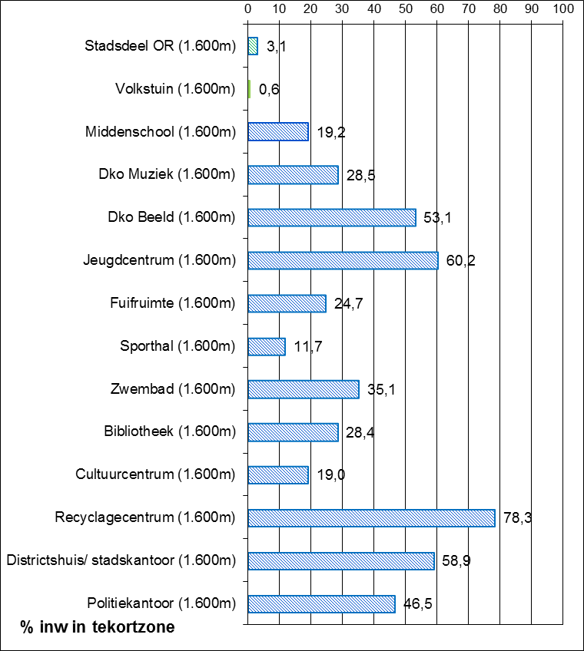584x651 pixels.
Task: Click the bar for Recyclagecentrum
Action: [x=371, y=518]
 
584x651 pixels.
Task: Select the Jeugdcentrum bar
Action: [x=343, y=260]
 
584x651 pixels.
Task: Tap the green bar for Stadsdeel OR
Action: [x=253, y=45]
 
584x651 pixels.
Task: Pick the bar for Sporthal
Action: [x=267, y=346]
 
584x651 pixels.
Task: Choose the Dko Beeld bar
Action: [x=332, y=217]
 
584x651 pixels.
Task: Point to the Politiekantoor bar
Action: [x=321, y=604]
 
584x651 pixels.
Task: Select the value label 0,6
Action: [x=269, y=89]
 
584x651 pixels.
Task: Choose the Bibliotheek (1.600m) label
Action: [x=170, y=432]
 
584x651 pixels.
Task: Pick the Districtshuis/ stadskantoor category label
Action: [x=121, y=561]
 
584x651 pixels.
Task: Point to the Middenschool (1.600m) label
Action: [x=161, y=131]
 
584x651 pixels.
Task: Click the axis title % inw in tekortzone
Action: [x=98, y=627]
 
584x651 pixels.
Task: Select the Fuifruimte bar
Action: [x=287, y=303]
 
